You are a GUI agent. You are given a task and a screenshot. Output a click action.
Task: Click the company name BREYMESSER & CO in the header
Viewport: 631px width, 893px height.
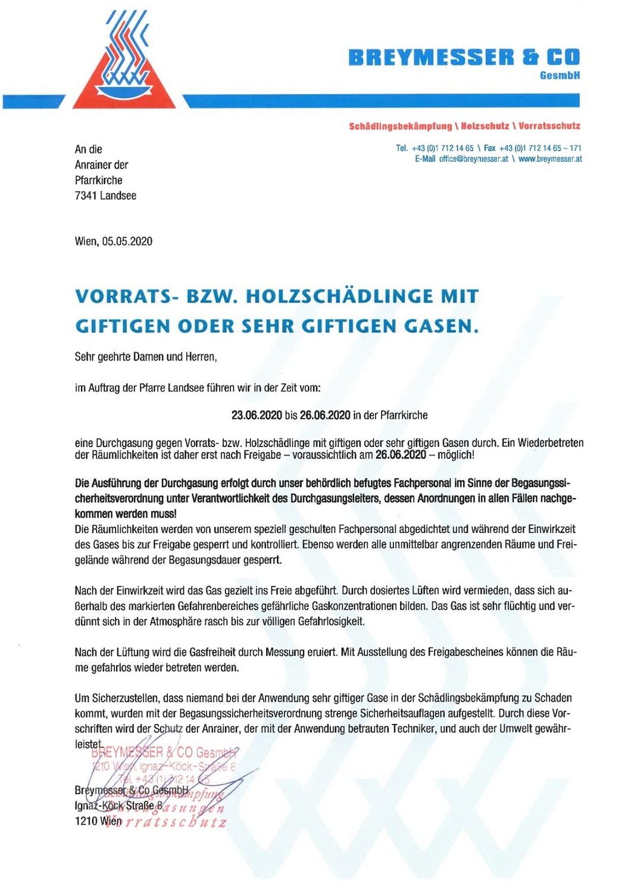click(x=464, y=58)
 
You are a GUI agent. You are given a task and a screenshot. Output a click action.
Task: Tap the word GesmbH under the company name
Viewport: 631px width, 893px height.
click(x=560, y=76)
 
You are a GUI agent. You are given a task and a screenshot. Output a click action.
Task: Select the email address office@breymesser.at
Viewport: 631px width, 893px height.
click(x=473, y=159)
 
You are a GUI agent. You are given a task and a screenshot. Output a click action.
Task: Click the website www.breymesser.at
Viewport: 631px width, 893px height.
click(x=550, y=159)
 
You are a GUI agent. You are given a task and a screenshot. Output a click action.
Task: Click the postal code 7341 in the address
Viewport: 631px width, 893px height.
click(x=86, y=195)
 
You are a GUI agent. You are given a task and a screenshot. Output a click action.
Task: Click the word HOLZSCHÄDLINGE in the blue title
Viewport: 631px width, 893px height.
click(x=339, y=296)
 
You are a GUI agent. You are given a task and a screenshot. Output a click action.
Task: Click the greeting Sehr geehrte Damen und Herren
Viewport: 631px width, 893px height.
click(x=146, y=357)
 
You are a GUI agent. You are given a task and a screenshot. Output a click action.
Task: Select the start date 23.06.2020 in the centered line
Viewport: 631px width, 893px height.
click(x=257, y=415)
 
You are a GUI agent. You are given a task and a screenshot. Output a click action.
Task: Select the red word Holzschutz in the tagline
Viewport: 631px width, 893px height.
click(x=485, y=126)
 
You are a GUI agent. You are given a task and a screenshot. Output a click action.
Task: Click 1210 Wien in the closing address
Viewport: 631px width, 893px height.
click(x=98, y=821)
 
